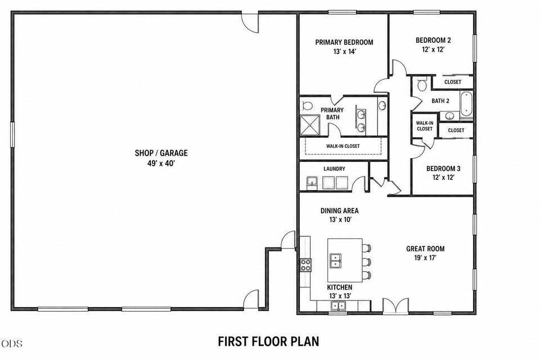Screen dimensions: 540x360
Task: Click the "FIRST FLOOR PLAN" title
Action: (x=268, y=341)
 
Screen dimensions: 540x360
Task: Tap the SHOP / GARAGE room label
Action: (x=161, y=153)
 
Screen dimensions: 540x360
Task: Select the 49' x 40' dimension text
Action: (x=161, y=163)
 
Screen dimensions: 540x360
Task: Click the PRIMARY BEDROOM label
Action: (x=344, y=42)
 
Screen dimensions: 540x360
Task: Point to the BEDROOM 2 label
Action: (x=433, y=40)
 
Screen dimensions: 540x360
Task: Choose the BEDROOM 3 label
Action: (x=443, y=168)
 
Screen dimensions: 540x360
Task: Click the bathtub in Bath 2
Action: (x=466, y=103)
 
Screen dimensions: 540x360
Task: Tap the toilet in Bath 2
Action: (x=422, y=84)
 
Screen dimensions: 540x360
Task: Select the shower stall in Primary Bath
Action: (x=310, y=125)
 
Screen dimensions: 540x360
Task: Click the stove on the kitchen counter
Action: (x=305, y=265)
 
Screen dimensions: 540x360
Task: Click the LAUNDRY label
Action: (x=334, y=169)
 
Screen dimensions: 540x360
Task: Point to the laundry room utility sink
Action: (x=312, y=182)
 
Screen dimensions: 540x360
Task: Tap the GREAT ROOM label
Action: (x=425, y=249)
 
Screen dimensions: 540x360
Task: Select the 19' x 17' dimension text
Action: (x=425, y=258)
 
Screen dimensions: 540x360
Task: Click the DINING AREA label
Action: (x=340, y=210)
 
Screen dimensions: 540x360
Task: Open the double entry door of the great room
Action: (x=395, y=305)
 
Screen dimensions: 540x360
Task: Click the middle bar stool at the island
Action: (x=367, y=262)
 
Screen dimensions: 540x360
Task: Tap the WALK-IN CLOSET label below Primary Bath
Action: (x=343, y=146)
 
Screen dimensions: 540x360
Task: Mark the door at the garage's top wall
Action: (x=250, y=22)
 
